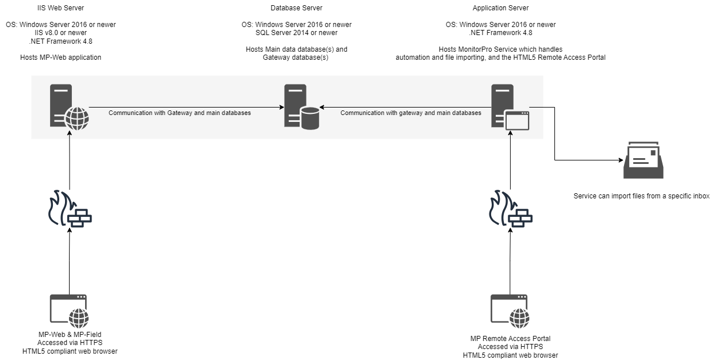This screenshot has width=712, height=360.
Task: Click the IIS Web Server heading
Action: pos(69,8)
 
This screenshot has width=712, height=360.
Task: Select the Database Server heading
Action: pos(296,8)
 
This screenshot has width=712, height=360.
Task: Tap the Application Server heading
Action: pos(500,8)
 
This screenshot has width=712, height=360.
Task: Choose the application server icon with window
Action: pos(510,108)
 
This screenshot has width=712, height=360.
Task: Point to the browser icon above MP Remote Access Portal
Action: pos(510,311)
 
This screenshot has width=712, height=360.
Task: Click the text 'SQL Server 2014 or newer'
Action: pos(296,33)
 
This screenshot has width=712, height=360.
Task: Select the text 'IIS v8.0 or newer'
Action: pos(69,33)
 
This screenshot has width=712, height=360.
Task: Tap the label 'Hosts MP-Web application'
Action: pos(69,58)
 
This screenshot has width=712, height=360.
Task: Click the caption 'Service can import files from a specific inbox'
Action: pos(641,196)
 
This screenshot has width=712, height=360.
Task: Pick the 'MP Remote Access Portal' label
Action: pos(510,339)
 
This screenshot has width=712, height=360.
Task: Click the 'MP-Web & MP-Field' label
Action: pos(70,335)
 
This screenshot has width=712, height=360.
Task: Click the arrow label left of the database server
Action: pos(180,113)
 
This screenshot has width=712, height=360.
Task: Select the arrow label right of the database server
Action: pos(411,113)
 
